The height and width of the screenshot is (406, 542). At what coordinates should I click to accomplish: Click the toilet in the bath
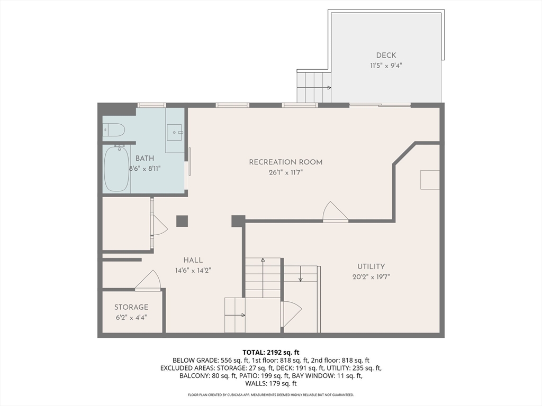point(114,130)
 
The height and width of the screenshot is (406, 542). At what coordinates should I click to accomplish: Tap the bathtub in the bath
point(116,169)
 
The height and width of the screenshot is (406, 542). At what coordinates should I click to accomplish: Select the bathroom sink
point(175,133)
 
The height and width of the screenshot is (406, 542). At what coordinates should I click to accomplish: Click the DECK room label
point(386,55)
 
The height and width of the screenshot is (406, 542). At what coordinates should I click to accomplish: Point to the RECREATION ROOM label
point(285,162)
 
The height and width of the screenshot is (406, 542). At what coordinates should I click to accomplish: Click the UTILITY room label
point(371,266)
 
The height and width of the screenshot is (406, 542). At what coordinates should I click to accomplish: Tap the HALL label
point(193,260)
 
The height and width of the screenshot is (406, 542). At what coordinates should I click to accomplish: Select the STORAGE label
point(131,307)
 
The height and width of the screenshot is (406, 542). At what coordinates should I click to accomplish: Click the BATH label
point(145,159)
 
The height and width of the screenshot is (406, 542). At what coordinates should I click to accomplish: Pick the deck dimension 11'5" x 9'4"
point(386,66)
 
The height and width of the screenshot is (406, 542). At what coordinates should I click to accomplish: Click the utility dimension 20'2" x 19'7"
point(371,276)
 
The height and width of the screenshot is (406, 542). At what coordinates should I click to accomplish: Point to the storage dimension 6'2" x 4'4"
point(131,317)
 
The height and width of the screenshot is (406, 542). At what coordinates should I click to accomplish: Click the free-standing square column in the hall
point(182,221)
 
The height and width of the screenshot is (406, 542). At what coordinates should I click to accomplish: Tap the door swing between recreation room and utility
point(335,211)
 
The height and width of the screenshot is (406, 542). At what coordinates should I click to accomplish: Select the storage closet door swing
point(148,280)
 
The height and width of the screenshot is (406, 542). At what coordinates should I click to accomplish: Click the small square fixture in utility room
point(430,180)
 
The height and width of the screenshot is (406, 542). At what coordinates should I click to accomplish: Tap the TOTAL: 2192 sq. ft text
point(271,353)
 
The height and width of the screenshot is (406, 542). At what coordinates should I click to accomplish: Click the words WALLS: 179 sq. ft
point(271,384)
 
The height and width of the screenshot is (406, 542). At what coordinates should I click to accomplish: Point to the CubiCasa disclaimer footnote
point(271,394)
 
